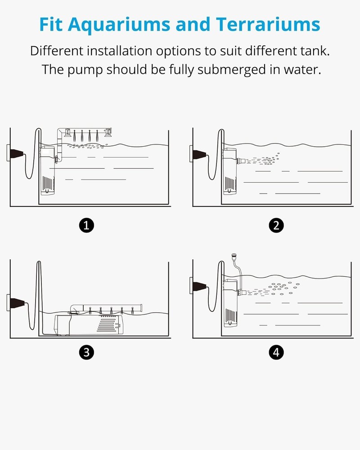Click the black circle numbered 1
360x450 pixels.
[x=86, y=225]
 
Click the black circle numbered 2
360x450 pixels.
[x=276, y=225]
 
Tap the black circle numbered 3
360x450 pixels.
[x=86, y=353]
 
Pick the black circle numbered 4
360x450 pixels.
[x=276, y=353]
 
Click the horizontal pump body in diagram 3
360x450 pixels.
[x=88, y=324]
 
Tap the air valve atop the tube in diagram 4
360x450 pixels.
[x=234, y=257]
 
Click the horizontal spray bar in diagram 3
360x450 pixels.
[x=108, y=307]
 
